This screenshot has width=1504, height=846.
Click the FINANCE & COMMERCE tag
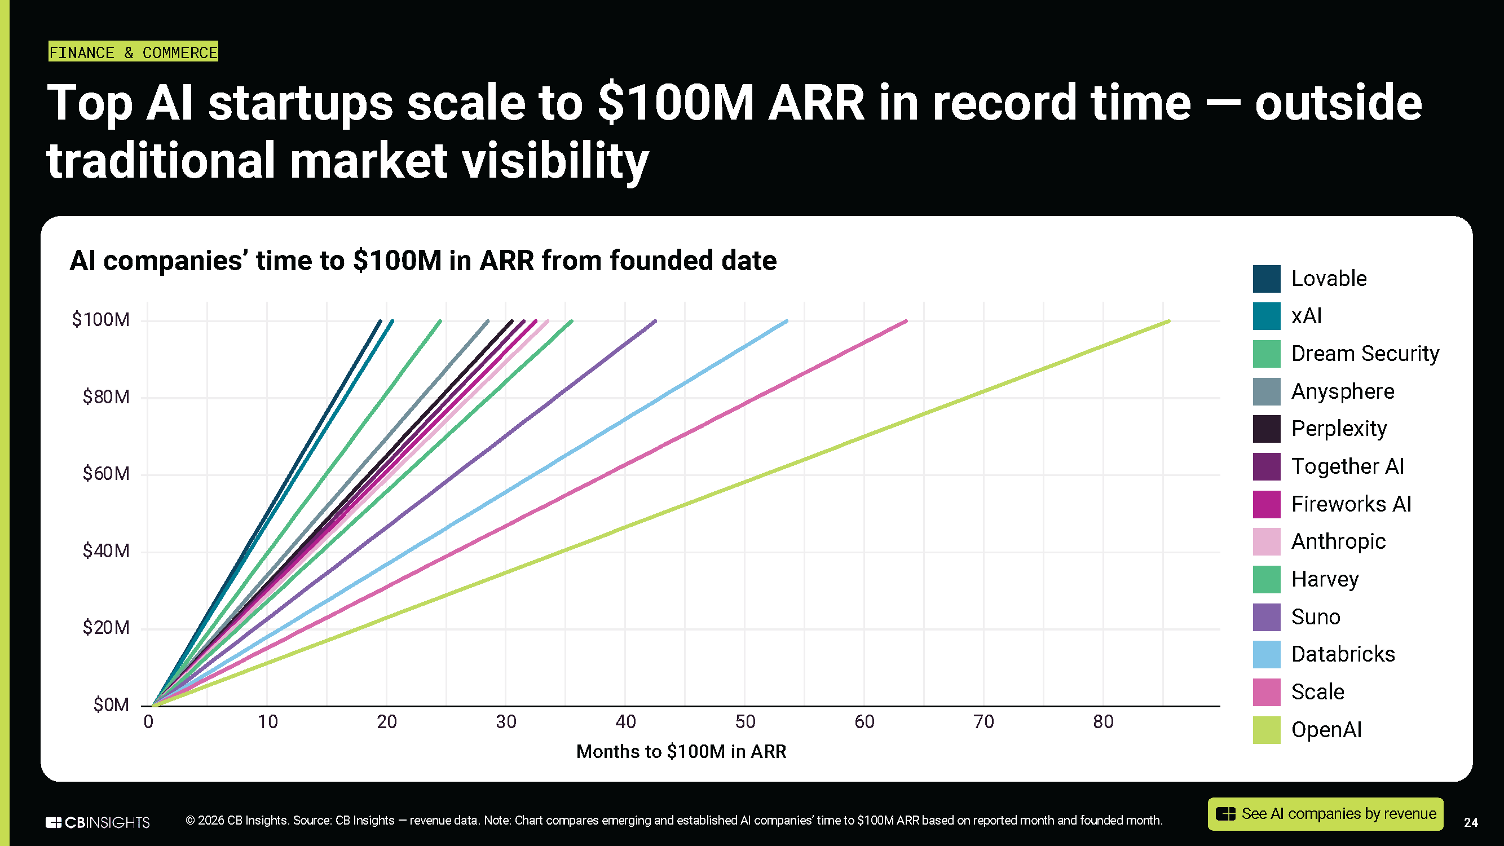133,52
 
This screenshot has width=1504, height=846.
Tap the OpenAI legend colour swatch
1266,730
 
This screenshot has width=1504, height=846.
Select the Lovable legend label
1328,279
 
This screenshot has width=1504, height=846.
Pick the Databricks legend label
1342,654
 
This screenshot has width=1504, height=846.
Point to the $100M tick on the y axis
100,320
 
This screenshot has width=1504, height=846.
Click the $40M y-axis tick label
105,550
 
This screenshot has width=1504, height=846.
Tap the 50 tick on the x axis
745,722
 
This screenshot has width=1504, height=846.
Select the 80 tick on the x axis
1103,722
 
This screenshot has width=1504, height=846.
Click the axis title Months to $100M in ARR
681,751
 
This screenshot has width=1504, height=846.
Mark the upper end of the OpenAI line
1168,321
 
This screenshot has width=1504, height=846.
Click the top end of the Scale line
906,321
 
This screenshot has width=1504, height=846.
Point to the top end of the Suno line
655,321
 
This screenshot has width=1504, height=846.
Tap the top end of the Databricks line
787,321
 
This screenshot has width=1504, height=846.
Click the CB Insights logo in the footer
98,822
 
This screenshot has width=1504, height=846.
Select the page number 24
1471,823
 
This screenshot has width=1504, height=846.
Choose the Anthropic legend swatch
1266,542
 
